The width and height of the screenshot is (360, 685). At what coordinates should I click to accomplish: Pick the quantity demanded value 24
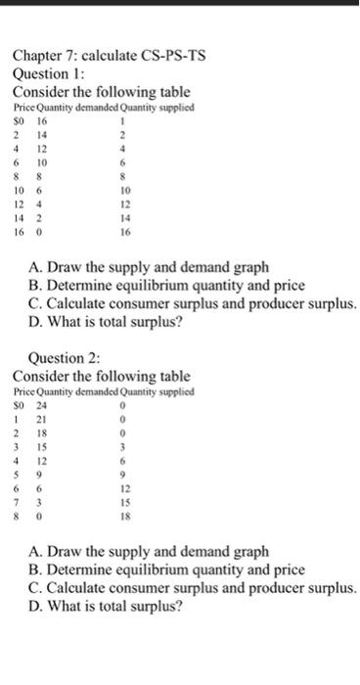(x=41, y=403)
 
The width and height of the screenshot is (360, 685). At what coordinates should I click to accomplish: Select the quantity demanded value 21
(x=41, y=418)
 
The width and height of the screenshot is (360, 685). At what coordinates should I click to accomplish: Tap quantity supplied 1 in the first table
(x=124, y=119)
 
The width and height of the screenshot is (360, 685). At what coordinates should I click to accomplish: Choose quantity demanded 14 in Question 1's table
(x=41, y=133)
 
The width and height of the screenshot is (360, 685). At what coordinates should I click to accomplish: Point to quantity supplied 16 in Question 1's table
(x=124, y=235)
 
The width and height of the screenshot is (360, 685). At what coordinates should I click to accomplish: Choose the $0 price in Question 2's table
(x=18, y=403)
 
